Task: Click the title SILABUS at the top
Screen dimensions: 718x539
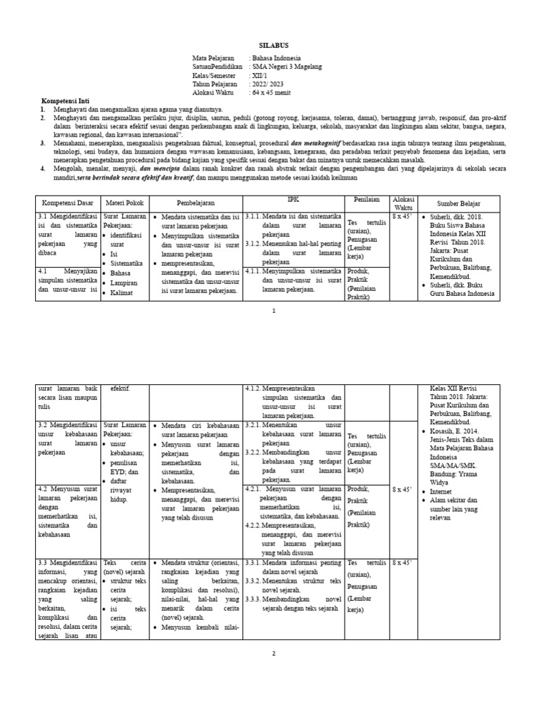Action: tap(274, 44)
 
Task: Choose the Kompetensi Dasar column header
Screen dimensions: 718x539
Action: tap(68, 204)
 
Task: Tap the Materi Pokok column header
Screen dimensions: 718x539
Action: tap(125, 204)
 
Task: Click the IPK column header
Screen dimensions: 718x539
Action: tap(293, 200)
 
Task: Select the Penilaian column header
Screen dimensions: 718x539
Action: tap(367, 200)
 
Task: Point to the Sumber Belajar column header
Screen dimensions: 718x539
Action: tap(460, 204)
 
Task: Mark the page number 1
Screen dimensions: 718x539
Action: tap(274, 310)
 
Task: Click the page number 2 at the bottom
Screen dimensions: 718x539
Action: tap(274, 653)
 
